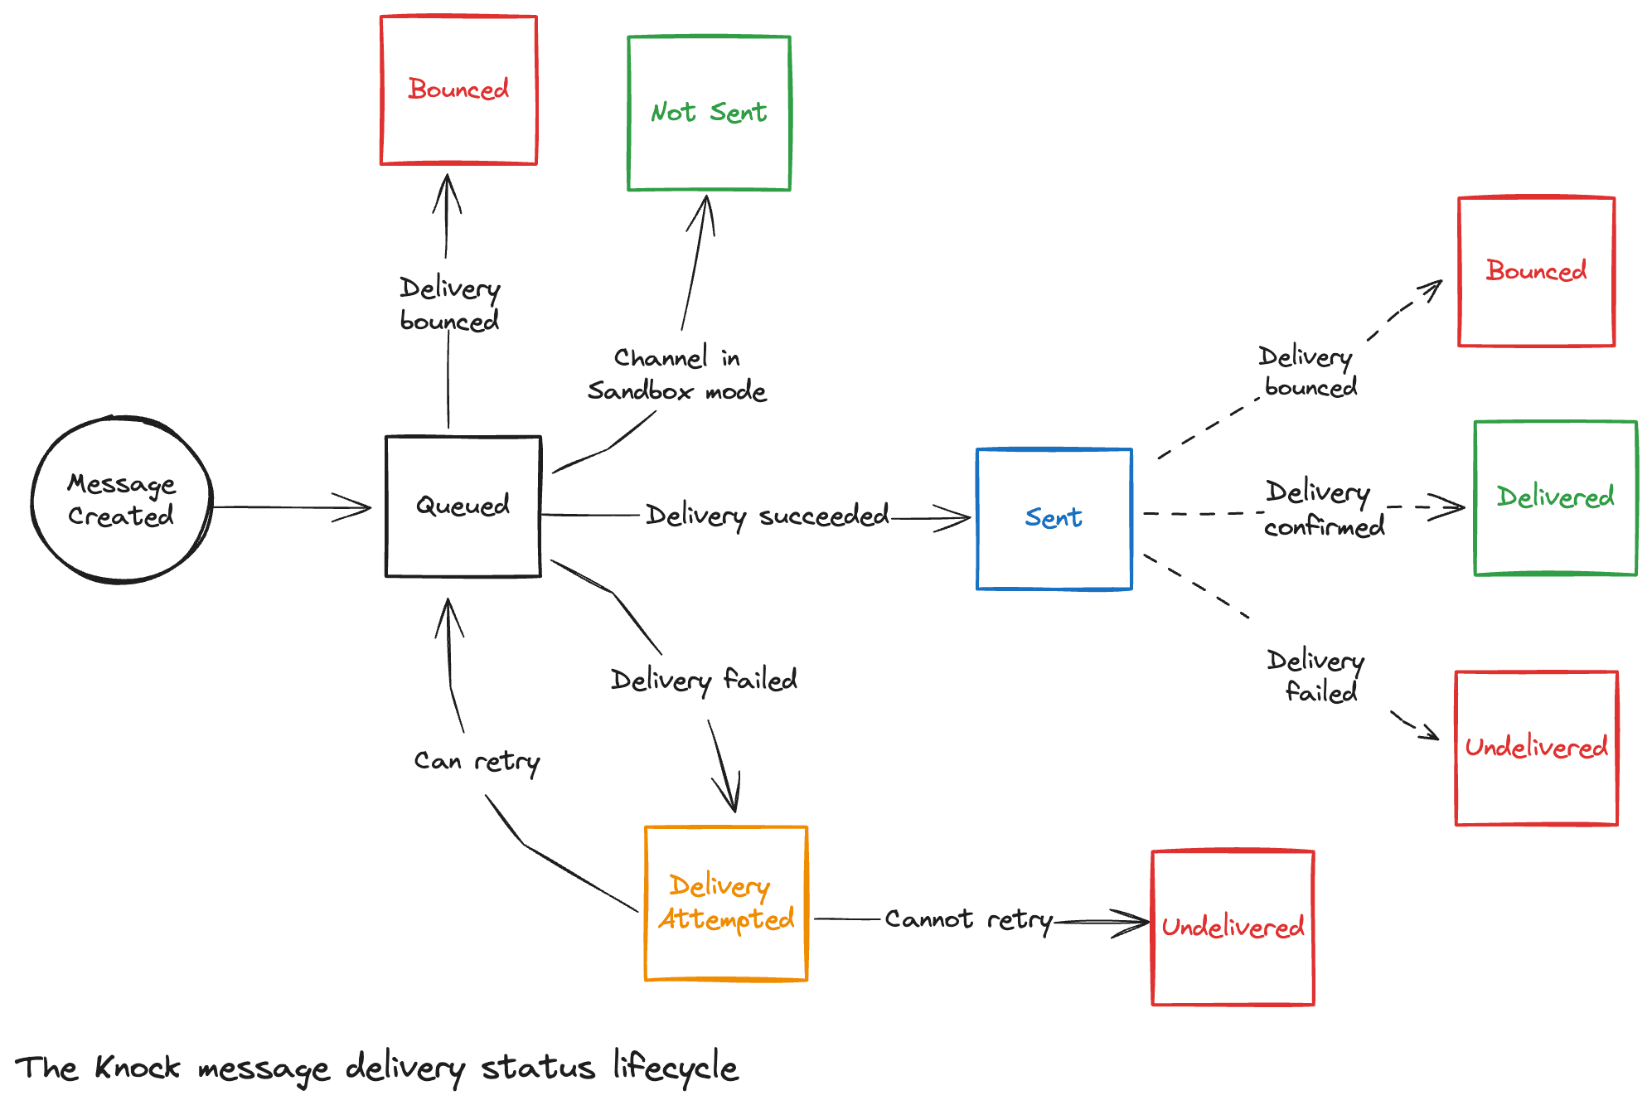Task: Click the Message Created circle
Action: tap(122, 500)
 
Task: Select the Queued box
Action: tap(463, 506)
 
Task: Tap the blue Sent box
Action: tap(1054, 519)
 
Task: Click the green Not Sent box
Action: tap(709, 113)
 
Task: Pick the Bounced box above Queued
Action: tap(458, 90)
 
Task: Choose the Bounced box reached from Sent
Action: tap(1536, 271)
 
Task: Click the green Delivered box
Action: tap(1555, 497)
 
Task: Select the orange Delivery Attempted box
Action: tap(725, 903)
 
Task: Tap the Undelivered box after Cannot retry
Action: tap(1233, 927)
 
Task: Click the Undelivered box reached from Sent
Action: tap(1536, 748)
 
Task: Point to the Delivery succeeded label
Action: tap(767, 516)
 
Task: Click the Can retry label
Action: tap(477, 761)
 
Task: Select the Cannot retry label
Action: tap(968, 919)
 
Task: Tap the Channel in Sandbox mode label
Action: tap(676, 374)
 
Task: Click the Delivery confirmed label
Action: tap(1323, 509)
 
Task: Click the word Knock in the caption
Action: tap(137, 1067)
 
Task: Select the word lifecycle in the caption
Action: tap(675, 1067)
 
